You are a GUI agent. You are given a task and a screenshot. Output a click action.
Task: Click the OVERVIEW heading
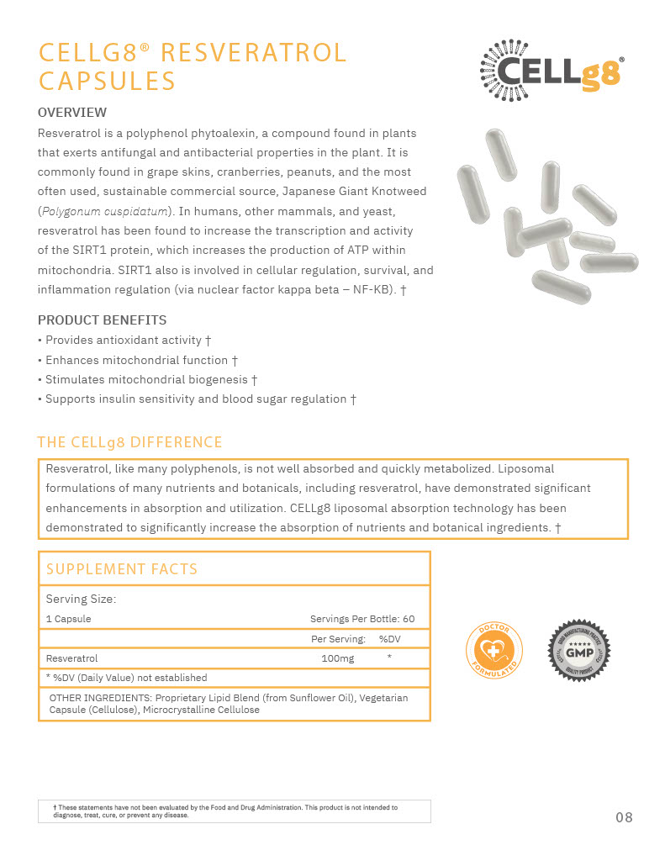click(x=72, y=113)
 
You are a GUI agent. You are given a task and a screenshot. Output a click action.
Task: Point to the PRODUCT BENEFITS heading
click(x=103, y=320)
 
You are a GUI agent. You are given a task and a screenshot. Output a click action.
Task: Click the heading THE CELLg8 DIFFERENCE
click(x=130, y=442)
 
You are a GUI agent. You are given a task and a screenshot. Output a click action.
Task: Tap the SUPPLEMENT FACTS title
click(x=122, y=569)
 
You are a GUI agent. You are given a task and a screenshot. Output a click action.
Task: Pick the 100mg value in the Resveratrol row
click(x=337, y=658)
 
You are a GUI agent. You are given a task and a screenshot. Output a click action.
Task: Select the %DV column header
click(x=389, y=639)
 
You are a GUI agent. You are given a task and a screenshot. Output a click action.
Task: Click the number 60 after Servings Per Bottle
click(x=408, y=619)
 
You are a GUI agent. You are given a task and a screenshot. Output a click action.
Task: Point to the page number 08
click(x=624, y=817)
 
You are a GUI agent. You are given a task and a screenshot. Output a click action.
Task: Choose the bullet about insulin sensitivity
click(x=198, y=399)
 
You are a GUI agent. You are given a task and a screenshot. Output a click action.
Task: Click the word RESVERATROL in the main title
click(x=253, y=53)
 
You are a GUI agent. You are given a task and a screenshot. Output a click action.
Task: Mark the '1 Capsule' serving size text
click(x=69, y=619)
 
